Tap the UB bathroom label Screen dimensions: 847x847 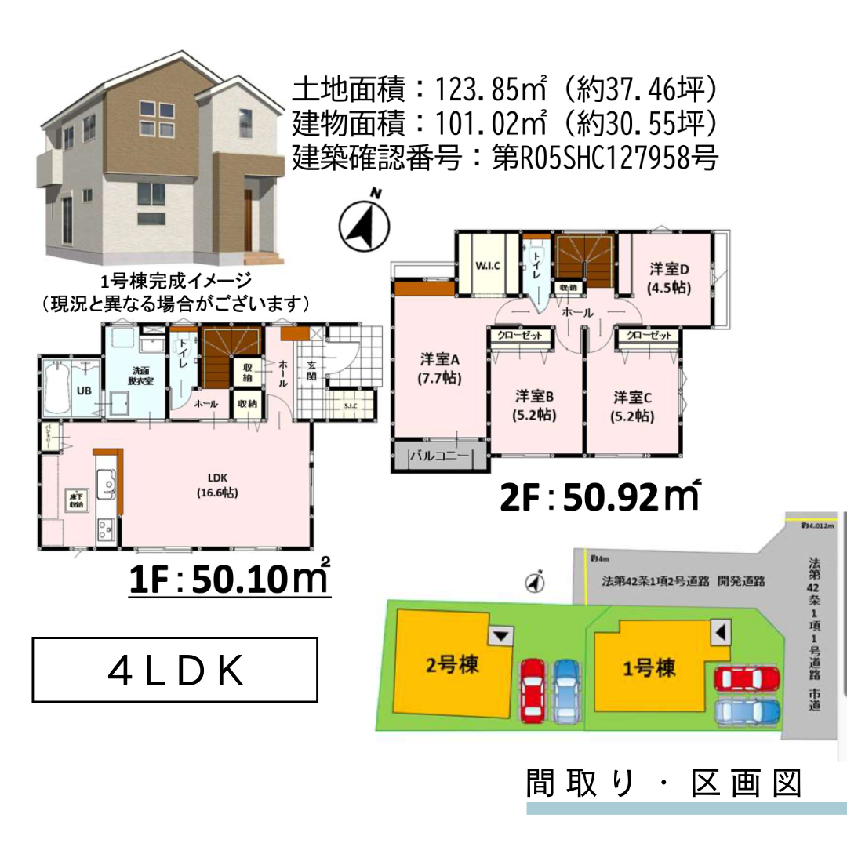(x=82, y=391)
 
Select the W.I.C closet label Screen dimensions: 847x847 (x=486, y=266)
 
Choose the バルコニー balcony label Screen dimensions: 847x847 (x=439, y=456)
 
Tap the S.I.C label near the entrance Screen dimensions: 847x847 (x=350, y=405)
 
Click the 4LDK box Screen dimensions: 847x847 (x=175, y=670)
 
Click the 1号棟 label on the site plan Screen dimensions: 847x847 (x=649, y=669)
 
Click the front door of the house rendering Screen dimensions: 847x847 (x=248, y=222)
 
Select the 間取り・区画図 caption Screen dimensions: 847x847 (x=664, y=783)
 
